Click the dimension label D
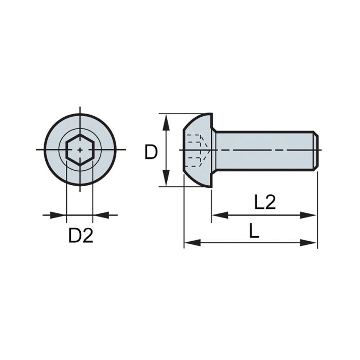(151, 152)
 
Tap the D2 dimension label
(81, 236)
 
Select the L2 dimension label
(265, 202)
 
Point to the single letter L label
(254, 231)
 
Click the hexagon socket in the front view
(80, 150)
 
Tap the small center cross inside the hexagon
(80, 150)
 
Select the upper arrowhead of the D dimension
(167, 119)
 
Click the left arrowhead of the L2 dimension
(217, 215)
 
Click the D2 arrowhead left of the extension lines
(61, 215)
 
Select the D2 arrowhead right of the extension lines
(99, 215)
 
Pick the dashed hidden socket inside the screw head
(195, 150)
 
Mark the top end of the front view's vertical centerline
(80, 108)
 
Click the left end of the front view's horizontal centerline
(37, 150)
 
